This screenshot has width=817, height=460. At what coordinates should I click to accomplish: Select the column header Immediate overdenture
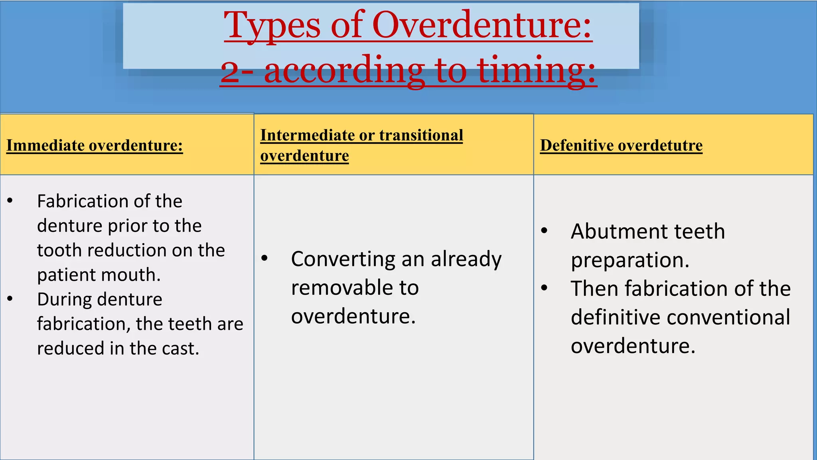pos(95,145)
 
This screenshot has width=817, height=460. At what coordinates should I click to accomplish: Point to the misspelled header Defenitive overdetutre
pos(621,145)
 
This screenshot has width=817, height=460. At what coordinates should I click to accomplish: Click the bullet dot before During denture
pos(10,299)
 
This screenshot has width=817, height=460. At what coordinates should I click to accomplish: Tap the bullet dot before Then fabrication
pos(545,287)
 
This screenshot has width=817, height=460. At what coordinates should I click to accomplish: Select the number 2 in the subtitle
pos(230,71)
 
